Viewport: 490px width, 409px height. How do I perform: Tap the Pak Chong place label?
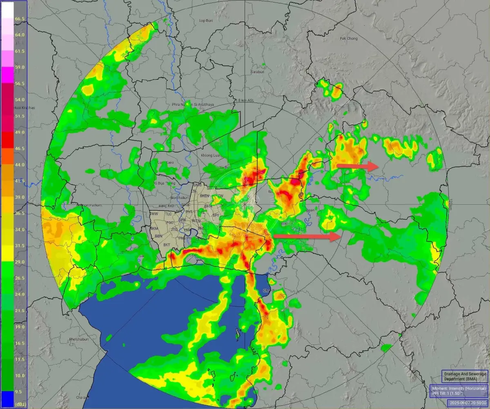coord(348,39)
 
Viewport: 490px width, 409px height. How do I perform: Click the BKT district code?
coord(167,244)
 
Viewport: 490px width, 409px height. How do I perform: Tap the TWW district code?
coord(154,214)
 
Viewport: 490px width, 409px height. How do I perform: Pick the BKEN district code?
coord(209,206)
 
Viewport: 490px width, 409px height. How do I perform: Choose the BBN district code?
coord(158,236)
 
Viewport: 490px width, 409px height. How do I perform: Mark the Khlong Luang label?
coord(211,155)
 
